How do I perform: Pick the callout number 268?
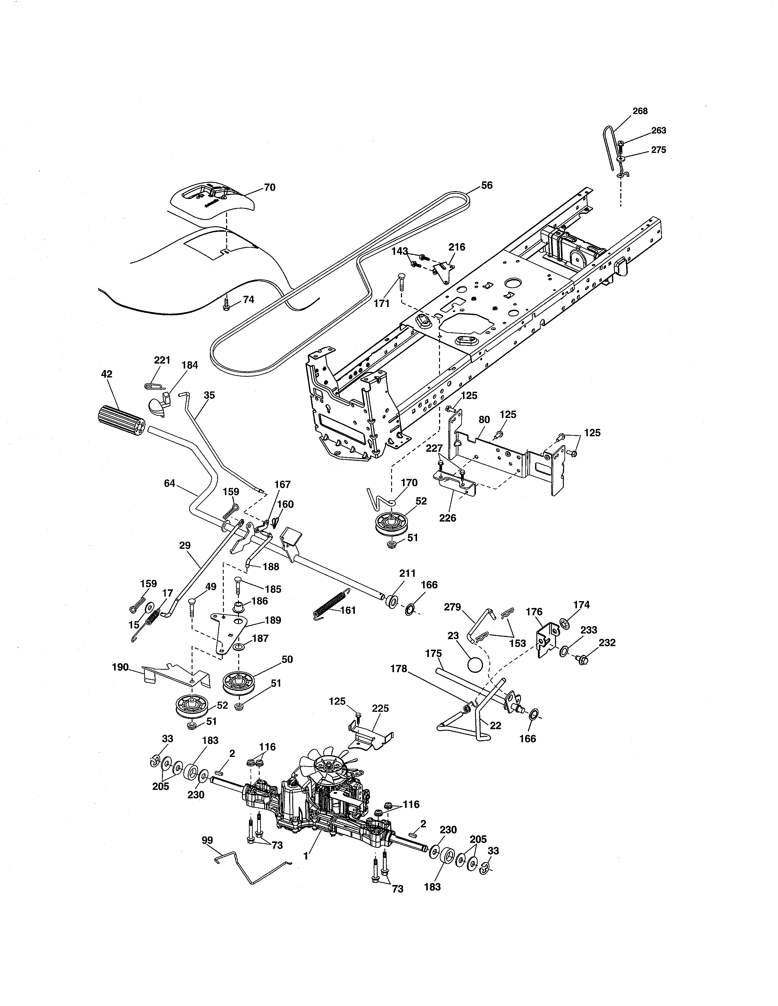640,111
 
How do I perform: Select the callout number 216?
457,247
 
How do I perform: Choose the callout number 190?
120,667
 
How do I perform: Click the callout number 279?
452,607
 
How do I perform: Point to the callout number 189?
273,620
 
